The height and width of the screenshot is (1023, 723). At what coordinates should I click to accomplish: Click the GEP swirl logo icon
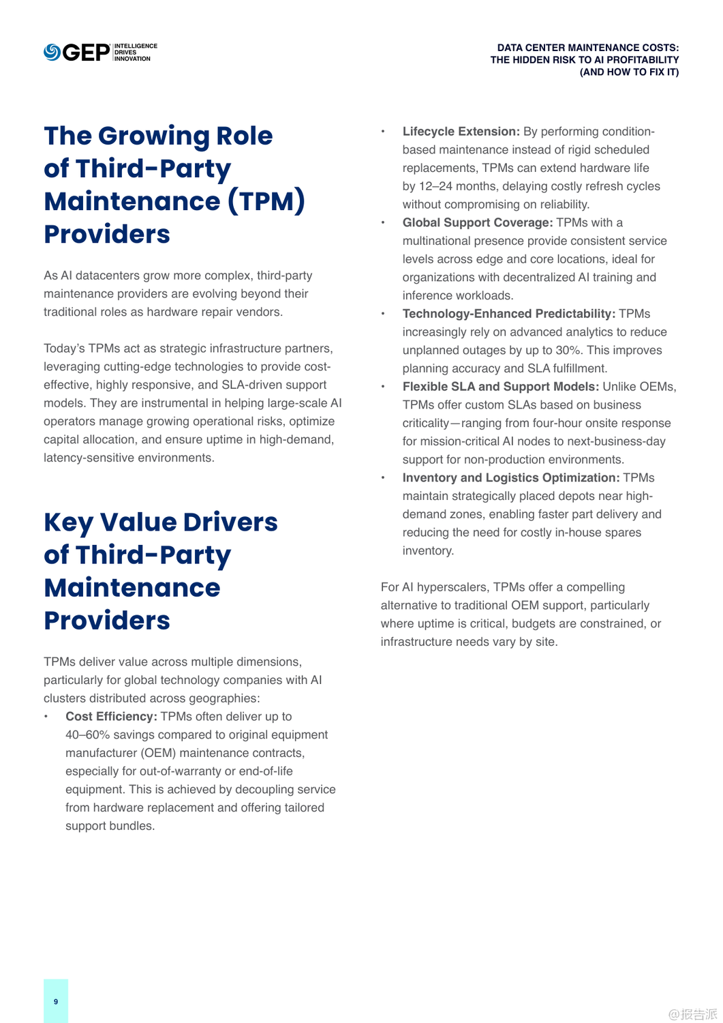[52, 53]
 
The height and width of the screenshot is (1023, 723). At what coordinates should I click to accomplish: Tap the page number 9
[56, 1001]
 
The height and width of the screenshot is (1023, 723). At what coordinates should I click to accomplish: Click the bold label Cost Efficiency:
[111, 717]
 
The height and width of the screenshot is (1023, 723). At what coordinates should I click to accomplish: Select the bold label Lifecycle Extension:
[461, 132]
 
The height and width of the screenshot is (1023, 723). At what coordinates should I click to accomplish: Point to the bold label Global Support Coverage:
[477, 223]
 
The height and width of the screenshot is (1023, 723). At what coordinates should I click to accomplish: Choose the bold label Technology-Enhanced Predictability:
[508, 314]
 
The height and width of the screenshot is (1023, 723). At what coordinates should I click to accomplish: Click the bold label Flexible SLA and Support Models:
[500, 387]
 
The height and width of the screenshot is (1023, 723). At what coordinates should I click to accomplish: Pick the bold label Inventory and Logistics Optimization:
[510, 478]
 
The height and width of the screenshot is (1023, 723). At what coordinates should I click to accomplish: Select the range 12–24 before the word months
[435, 186]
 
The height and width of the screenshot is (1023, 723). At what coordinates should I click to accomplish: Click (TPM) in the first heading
[266, 202]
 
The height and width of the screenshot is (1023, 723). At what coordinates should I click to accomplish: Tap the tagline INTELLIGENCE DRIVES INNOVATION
[136, 53]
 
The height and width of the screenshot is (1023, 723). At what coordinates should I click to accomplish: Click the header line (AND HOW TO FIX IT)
[629, 72]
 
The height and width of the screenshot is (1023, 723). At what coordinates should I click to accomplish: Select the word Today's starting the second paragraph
[64, 349]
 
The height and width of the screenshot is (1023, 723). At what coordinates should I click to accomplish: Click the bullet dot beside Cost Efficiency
[46, 717]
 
